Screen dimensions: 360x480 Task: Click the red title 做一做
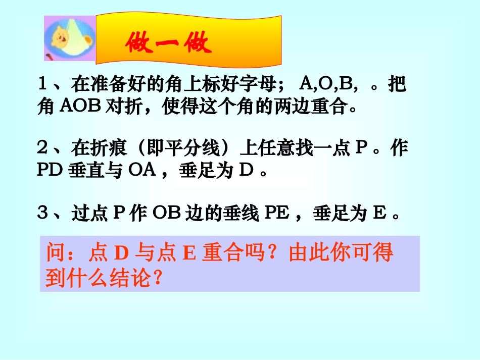(x=169, y=44)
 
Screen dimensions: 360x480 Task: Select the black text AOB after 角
(x=78, y=108)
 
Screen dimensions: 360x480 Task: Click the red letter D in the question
(x=120, y=253)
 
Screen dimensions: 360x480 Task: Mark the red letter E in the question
(x=188, y=253)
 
